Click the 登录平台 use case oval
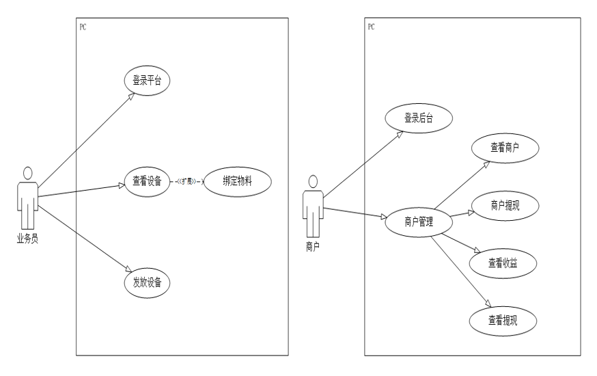point(147,81)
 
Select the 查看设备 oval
point(147,181)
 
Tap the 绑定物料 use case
point(237,181)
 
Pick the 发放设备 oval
point(147,282)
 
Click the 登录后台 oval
point(419,118)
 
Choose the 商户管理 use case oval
point(419,220)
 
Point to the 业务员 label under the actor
point(27,239)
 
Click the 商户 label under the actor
point(312,247)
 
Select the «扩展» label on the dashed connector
point(189,182)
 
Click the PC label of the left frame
point(83,27)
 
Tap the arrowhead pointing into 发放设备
point(128,269)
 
